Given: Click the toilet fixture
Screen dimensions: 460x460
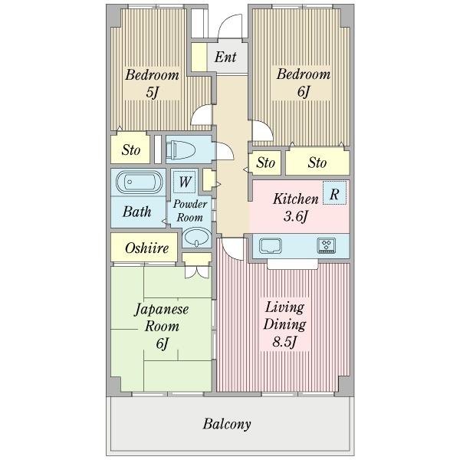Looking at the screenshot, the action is [x=180, y=149].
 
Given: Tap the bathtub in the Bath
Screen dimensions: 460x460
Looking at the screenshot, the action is [x=139, y=182].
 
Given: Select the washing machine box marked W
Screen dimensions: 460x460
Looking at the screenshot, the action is [x=185, y=182].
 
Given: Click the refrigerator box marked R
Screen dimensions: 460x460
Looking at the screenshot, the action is [x=334, y=193].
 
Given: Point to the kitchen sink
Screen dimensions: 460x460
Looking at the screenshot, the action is [x=271, y=245].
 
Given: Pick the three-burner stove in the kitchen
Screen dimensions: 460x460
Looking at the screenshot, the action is [x=327, y=246].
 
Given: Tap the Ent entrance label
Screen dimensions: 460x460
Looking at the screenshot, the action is [x=225, y=57].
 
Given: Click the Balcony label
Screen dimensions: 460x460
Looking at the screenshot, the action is [x=227, y=424].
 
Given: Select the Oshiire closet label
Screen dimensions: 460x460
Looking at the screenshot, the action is [x=146, y=248].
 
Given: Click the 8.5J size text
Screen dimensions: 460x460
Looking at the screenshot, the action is [x=284, y=342].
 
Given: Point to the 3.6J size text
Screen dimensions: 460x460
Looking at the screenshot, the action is [x=296, y=217].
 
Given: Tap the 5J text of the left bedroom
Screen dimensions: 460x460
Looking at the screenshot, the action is [x=153, y=93].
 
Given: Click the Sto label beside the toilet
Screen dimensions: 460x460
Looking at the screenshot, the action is [x=131, y=150].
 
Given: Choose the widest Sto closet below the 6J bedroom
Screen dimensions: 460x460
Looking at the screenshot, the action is [x=317, y=163].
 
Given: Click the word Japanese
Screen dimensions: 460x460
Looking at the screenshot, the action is [x=161, y=310].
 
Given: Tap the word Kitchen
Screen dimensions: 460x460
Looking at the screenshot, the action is [x=296, y=199].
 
